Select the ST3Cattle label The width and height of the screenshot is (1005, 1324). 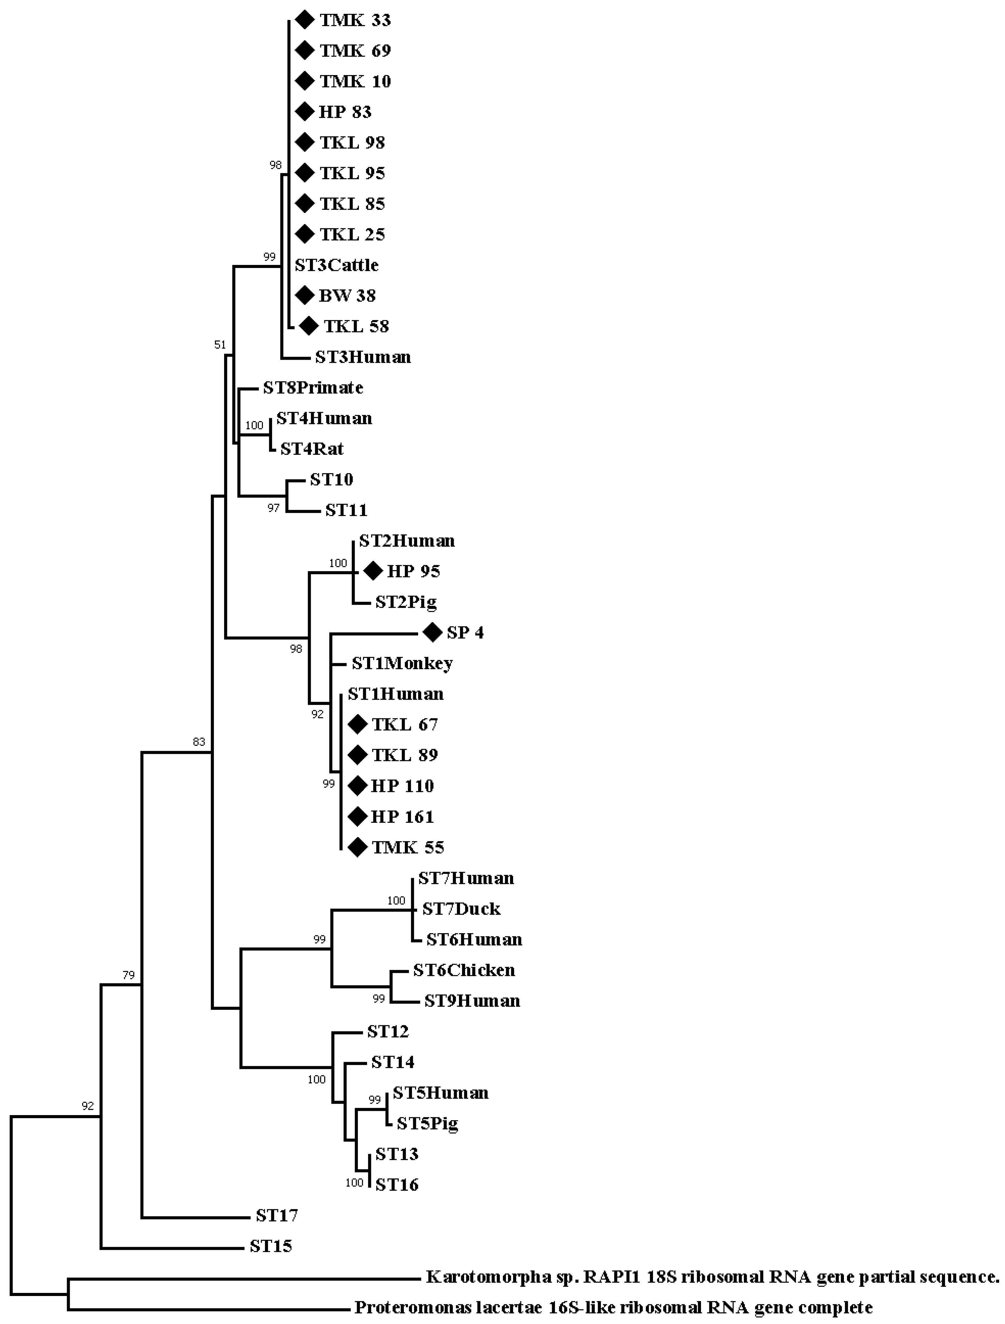(337, 265)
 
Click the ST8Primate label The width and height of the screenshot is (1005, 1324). (313, 388)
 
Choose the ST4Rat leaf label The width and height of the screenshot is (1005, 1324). (312, 449)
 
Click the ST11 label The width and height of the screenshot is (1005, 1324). (346, 510)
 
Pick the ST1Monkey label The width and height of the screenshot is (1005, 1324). (402, 663)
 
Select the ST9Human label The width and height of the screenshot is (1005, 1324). (472, 1001)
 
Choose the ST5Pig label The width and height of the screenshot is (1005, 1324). (427, 1123)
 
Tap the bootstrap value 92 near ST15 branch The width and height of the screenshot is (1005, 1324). (88, 1106)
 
